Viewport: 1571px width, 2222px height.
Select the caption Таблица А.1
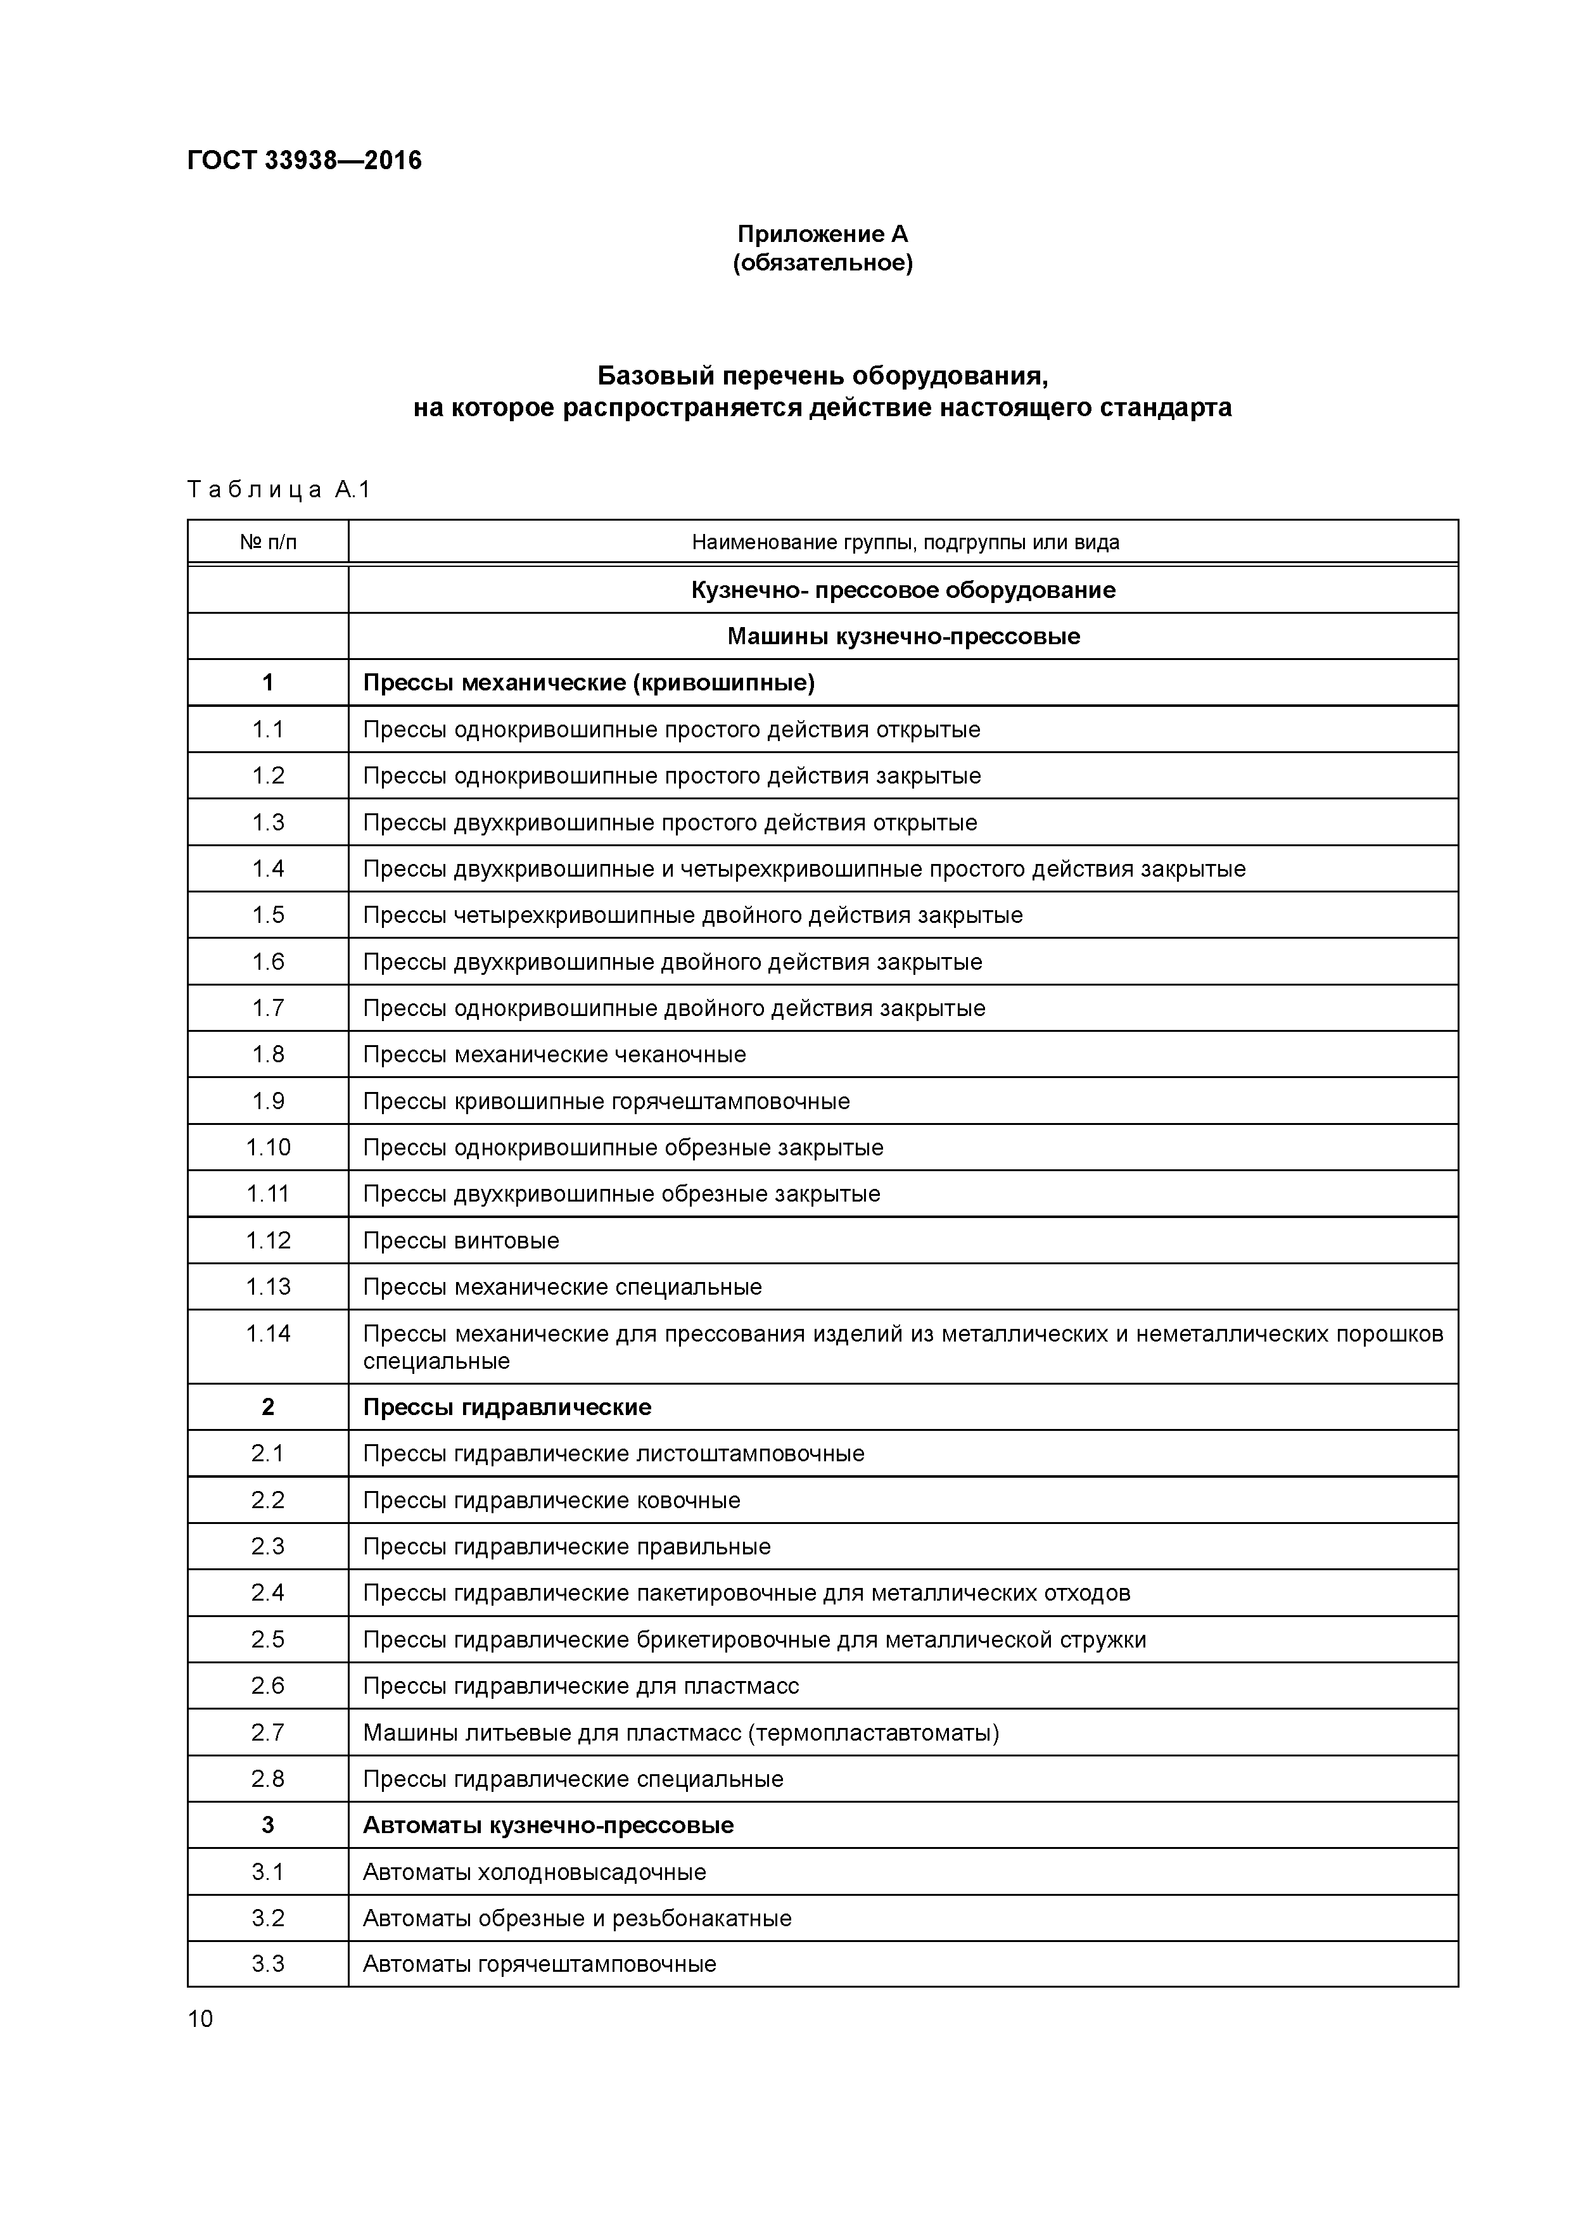pyautogui.click(x=279, y=490)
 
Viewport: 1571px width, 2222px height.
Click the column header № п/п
pyautogui.click(x=268, y=542)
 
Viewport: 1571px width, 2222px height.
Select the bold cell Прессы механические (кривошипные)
pyautogui.click(x=588, y=683)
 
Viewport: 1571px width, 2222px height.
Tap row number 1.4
pyautogui.click(x=268, y=869)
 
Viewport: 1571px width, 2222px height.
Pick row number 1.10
pyautogui.click(x=268, y=1148)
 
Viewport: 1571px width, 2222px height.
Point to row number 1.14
pyautogui.click(x=268, y=1333)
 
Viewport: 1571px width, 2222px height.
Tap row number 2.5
pyautogui.click(x=268, y=1639)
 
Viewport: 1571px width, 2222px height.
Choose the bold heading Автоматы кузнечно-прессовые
pyautogui.click(x=548, y=1825)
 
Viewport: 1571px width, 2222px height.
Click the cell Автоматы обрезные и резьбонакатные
pyautogui.click(x=577, y=1918)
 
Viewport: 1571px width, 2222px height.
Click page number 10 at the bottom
pyautogui.click(x=200, y=2019)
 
